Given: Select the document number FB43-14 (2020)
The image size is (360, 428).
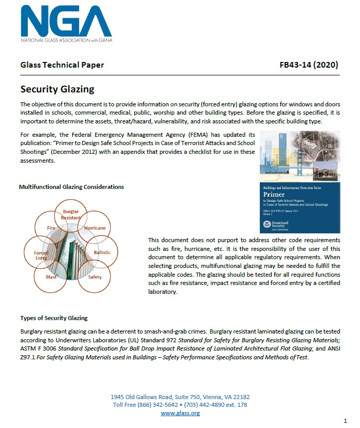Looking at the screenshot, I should click(x=308, y=65).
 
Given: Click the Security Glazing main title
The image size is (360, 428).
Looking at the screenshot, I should click(x=57, y=89).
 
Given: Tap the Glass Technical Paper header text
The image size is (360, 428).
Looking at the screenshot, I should click(x=62, y=65).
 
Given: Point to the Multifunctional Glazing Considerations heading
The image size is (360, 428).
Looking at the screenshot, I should click(x=71, y=186).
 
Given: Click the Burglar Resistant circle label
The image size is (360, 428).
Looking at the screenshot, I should click(x=71, y=215).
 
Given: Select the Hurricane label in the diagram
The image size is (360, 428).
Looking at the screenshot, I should click(x=95, y=228).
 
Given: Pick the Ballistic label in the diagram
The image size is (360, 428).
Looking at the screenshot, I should click(x=102, y=252).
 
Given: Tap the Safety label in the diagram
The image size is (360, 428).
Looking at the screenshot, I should click(x=95, y=277).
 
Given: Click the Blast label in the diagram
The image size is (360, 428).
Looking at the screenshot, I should click(x=52, y=277).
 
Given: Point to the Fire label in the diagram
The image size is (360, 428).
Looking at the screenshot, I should click(x=51, y=228).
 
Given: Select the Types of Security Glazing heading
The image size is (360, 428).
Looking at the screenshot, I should click(x=54, y=318).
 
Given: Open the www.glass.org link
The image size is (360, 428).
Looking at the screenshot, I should click(x=180, y=413).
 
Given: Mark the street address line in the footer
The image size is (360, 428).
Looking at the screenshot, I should click(x=180, y=397).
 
